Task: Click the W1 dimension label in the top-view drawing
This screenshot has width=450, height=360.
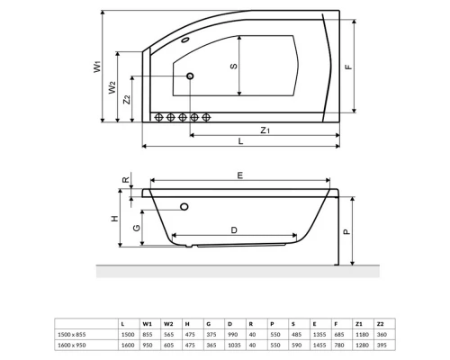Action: (x=96, y=66)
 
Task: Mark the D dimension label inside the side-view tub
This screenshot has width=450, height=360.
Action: (x=233, y=230)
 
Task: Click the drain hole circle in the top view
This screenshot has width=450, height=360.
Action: (x=191, y=77)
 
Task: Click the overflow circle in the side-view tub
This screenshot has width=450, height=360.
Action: (x=184, y=207)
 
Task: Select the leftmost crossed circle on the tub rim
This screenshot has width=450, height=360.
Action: (x=158, y=117)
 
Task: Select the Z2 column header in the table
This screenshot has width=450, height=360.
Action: (x=381, y=322)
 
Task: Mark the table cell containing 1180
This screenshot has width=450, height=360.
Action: (x=359, y=332)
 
